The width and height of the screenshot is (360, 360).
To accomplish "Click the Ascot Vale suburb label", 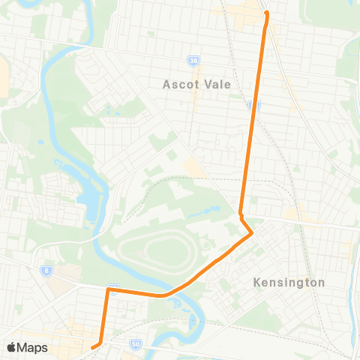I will (191, 84).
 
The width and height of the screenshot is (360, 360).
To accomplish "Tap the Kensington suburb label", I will (289, 283).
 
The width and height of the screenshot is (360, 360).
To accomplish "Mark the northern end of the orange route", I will (266, 13).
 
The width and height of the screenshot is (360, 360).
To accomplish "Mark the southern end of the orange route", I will (93, 347).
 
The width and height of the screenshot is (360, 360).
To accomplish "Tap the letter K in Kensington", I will (257, 283).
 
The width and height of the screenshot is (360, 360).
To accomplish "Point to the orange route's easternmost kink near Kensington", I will (252, 234).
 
